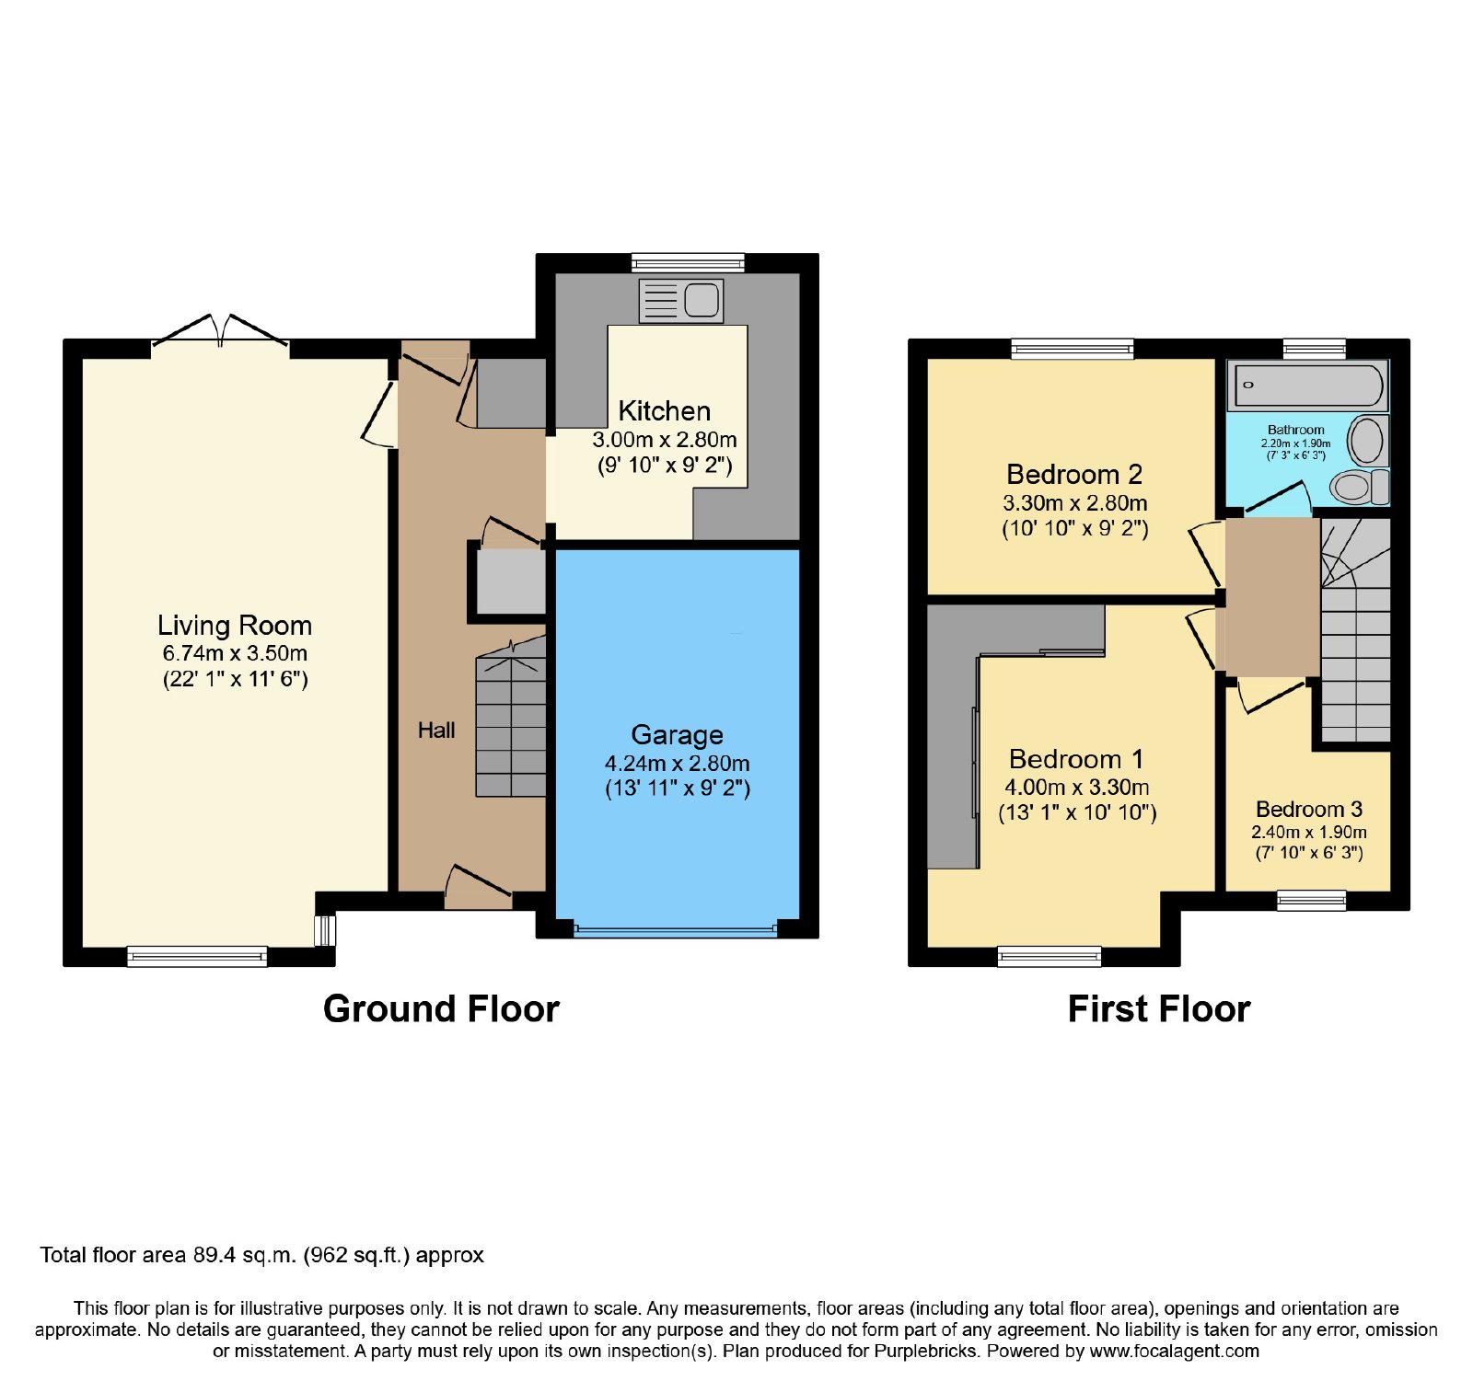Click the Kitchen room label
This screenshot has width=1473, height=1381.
click(664, 410)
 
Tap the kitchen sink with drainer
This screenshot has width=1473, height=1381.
click(681, 300)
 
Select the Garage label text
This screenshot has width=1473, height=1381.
click(677, 734)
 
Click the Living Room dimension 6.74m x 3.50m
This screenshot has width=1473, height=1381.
click(235, 653)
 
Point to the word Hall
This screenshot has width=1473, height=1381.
click(436, 730)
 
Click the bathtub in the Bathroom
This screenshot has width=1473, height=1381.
click(1308, 386)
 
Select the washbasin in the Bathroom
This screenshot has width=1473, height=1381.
click(1367, 441)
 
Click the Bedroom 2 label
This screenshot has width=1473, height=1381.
click(1074, 474)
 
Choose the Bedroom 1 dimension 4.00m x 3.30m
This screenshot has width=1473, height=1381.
click(1077, 787)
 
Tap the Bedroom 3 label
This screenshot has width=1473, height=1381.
click(1309, 809)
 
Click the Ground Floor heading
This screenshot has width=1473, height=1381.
click(441, 1008)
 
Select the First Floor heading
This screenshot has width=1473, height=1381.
click(1159, 1008)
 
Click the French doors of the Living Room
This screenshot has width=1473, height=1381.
click(220, 332)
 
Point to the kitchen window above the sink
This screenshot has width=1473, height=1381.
click(688, 262)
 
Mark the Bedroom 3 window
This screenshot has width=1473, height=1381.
click(1312, 900)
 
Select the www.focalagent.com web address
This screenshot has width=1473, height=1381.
click(1175, 1351)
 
